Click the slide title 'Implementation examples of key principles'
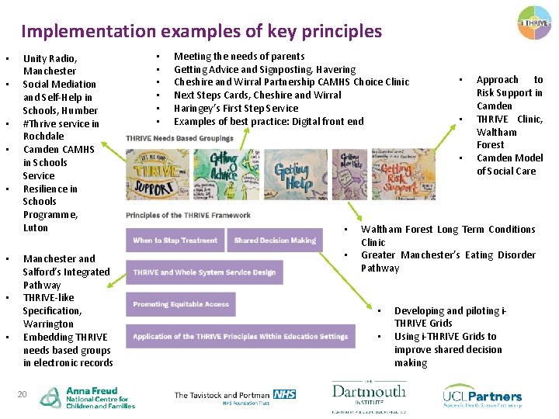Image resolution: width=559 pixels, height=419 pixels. (x=201, y=31)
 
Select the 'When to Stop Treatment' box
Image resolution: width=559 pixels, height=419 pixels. (x=175, y=241)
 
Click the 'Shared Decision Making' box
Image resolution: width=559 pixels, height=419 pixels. (x=275, y=241)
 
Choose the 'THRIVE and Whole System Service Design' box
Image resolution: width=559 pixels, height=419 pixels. (x=204, y=272)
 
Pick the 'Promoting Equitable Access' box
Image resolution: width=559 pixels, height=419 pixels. (x=181, y=304)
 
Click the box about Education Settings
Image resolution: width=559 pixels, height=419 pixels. (x=240, y=336)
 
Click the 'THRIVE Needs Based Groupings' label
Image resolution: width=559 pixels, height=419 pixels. (x=179, y=139)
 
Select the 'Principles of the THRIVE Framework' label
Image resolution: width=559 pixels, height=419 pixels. (x=188, y=215)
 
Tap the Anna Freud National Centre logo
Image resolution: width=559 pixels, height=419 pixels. (x=87, y=397)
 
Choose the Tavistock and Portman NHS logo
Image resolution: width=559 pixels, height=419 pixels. (x=234, y=397)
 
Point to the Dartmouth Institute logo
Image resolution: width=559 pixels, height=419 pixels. (x=368, y=396)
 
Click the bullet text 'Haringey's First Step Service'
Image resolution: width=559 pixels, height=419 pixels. (x=235, y=108)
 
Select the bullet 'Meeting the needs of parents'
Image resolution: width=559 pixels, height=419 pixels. (x=239, y=56)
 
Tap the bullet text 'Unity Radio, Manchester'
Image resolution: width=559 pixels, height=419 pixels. (x=50, y=64)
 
